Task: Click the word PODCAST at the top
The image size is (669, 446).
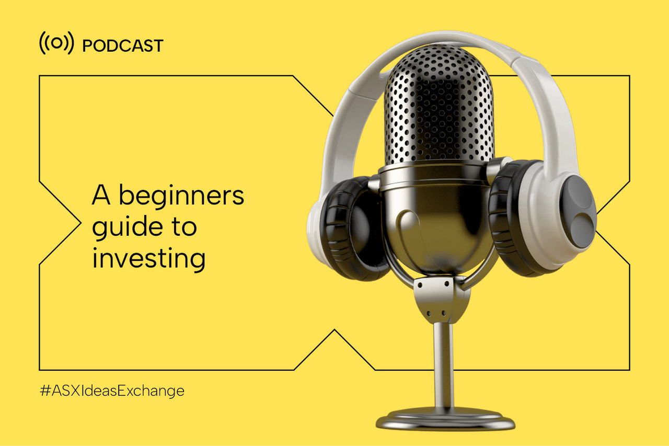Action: click(122, 45)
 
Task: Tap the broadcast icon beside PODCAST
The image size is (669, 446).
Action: click(56, 43)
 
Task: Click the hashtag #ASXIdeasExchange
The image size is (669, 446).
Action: click(112, 391)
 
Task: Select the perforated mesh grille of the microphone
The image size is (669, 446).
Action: click(439, 105)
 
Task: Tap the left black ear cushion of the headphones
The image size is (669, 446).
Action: click(354, 228)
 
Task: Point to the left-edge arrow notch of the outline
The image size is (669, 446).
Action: click(80, 223)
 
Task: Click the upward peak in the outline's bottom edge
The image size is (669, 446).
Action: click(334, 330)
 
